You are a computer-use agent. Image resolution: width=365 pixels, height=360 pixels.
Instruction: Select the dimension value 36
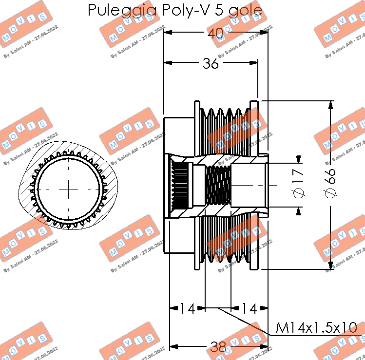(211, 63)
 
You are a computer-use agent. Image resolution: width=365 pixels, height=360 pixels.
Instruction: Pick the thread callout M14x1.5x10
(316, 328)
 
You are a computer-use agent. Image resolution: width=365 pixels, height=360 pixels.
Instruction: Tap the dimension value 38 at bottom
(218, 347)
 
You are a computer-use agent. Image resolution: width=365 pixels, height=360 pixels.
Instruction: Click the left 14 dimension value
(187, 308)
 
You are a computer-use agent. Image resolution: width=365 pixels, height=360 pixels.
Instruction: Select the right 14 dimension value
(249, 308)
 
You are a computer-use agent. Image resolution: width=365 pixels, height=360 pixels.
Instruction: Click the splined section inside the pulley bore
(181, 186)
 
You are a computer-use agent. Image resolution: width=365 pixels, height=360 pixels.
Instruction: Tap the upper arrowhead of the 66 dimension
(331, 105)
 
